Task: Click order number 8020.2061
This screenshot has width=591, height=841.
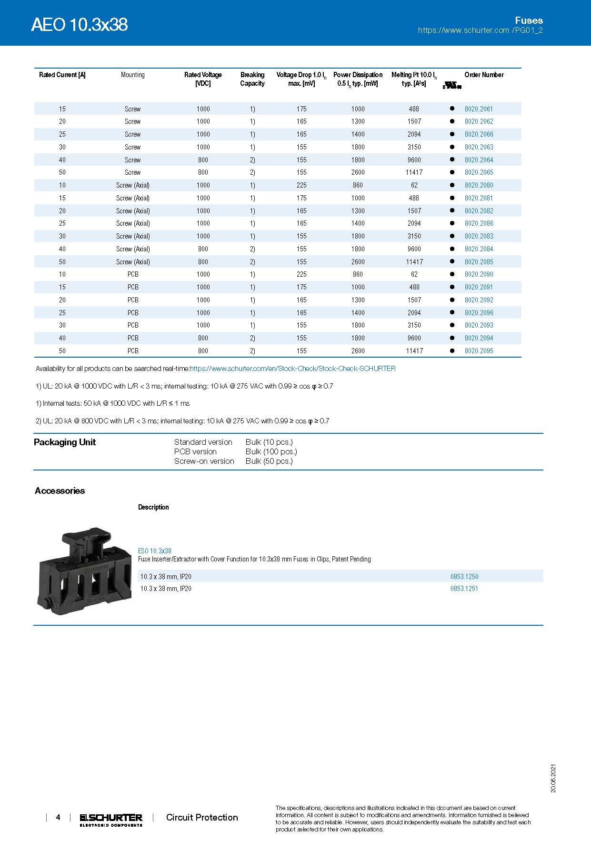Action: tap(479, 109)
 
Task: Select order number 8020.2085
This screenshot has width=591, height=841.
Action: tap(479, 262)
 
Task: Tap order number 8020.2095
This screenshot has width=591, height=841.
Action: tap(479, 351)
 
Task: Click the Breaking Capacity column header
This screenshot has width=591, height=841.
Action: tap(252, 79)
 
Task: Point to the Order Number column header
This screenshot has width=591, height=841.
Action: tap(484, 75)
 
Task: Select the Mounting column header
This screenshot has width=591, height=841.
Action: tap(132, 75)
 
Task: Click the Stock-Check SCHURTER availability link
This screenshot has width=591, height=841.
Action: tap(292, 369)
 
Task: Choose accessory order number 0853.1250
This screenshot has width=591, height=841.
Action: tap(464, 577)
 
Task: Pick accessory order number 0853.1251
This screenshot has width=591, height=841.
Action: tap(464, 589)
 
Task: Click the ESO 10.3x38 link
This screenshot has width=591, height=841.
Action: tap(154, 551)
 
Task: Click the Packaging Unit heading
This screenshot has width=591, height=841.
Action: tap(65, 442)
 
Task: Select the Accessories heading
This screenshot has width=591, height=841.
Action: tap(60, 491)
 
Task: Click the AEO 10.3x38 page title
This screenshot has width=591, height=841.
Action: tap(80, 25)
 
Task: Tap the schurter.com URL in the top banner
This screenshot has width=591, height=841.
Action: tap(480, 30)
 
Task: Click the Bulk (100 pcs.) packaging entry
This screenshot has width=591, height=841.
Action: tap(271, 451)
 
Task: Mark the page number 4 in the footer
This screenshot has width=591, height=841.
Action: tap(58, 817)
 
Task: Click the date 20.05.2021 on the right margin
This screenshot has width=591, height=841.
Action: tap(553, 778)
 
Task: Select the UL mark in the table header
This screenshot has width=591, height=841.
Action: tap(452, 86)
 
